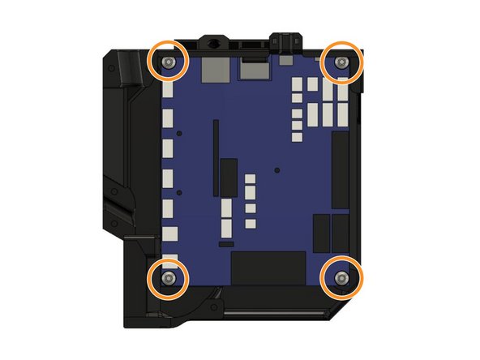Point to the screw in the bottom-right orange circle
pos(341,279)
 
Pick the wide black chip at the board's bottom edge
pos(268,268)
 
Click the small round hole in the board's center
pos(277,170)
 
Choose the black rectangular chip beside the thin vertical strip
pos(229,178)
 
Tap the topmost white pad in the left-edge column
pos(169,91)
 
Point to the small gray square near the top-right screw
pos(286,61)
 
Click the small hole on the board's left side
pos(180,132)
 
